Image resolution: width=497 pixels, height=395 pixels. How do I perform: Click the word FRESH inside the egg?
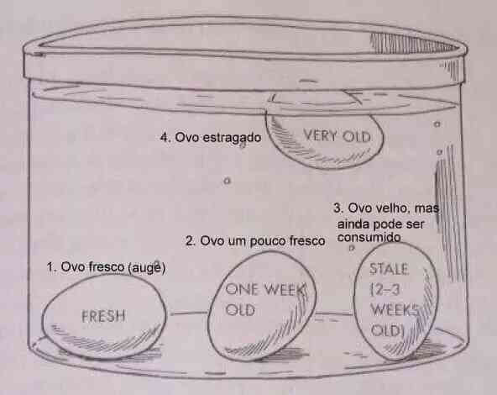click(x=103, y=316)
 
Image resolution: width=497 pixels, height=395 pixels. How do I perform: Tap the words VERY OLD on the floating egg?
click(x=337, y=136)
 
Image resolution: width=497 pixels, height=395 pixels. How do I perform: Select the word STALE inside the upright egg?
click(x=389, y=269)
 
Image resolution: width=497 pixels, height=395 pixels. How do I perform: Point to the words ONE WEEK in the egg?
click(x=265, y=289)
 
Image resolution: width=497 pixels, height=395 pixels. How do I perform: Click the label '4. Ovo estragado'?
click(x=211, y=138)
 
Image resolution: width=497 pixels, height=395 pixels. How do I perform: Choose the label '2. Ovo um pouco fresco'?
click(x=255, y=241)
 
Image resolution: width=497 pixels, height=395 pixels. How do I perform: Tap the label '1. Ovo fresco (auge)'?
click(x=106, y=267)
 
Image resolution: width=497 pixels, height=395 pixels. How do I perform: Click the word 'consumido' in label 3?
click(x=369, y=237)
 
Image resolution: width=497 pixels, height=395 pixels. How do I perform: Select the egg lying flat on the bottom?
click(x=104, y=316)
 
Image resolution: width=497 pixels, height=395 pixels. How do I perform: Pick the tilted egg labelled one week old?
click(x=262, y=306)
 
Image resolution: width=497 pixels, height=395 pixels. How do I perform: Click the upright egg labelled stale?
click(x=396, y=302)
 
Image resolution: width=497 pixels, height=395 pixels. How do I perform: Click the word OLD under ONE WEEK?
click(x=240, y=310)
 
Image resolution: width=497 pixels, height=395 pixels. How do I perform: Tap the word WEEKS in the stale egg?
click(x=395, y=309)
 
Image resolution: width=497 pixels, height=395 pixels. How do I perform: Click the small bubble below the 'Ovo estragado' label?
click(x=227, y=182)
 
